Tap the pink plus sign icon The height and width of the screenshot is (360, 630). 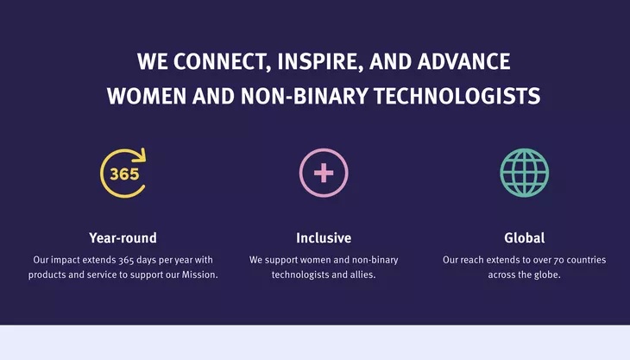pos(324,174)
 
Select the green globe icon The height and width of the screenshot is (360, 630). pos(525,173)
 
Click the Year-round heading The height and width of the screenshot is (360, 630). pos(123,238)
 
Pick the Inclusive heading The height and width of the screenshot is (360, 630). pos(324,238)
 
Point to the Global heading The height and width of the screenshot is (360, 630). pos(525,238)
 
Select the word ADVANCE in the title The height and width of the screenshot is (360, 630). pos(463,61)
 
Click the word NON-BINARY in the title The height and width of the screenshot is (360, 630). pos(304,97)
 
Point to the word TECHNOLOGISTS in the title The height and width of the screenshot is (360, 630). pos(457,97)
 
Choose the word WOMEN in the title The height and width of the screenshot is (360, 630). pos(147,97)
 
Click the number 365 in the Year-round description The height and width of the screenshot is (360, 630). pos(126,261)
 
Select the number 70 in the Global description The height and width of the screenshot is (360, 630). pos(559,261)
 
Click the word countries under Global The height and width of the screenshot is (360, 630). pos(587,260)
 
